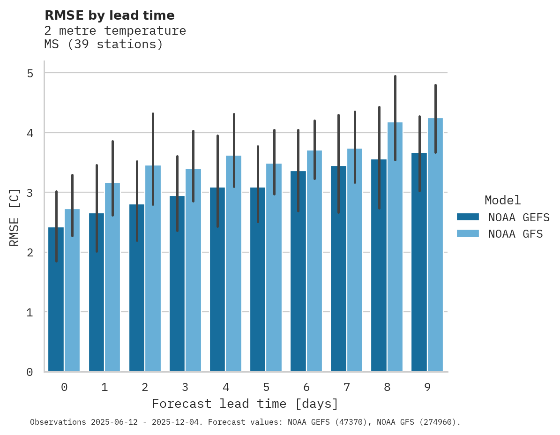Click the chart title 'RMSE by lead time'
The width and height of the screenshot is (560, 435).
point(109,15)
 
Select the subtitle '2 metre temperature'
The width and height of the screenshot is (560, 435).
point(115,31)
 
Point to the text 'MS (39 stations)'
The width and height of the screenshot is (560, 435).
point(103,45)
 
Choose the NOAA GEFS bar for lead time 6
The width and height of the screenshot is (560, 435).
point(298,271)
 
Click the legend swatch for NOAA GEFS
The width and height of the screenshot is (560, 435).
point(468,217)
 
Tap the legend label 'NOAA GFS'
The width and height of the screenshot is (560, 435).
point(515,234)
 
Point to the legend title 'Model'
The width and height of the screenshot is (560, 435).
point(502,201)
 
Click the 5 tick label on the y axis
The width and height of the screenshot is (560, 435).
point(30,73)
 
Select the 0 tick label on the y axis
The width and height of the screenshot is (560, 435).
point(30,372)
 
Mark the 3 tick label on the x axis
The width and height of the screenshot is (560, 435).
point(185,387)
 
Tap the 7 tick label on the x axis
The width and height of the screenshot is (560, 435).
point(346,387)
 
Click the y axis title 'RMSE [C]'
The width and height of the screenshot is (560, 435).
point(15,217)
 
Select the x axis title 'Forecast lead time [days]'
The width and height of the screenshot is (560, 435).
point(245,404)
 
